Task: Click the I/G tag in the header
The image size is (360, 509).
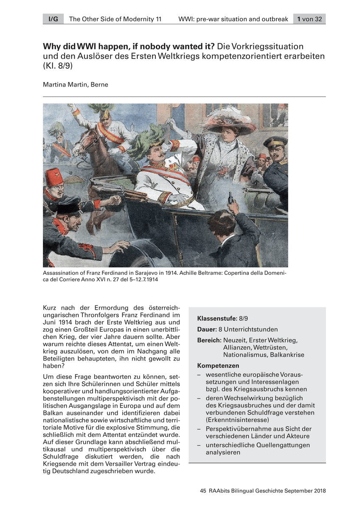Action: (x=53, y=19)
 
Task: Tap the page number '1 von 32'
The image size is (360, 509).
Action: (x=309, y=19)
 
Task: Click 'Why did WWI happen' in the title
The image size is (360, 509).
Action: (x=85, y=46)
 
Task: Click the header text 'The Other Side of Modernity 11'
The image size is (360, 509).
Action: (x=115, y=19)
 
